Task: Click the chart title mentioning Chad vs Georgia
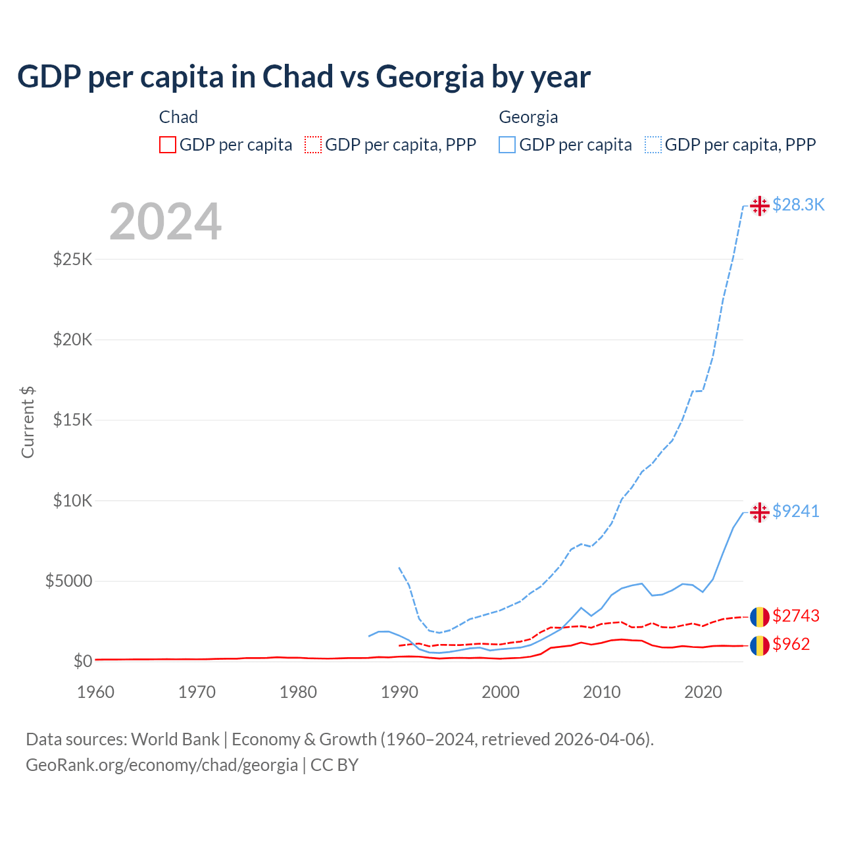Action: [303, 77]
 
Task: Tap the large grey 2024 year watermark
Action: [165, 222]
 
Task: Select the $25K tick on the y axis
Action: [72, 259]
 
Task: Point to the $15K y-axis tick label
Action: [72, 420]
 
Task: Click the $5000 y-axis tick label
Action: [68, 581]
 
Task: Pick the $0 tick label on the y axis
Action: [82, 661]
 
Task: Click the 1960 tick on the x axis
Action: [96, 692]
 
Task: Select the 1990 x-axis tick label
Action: [399, 692]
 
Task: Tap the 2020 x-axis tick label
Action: [703, 692]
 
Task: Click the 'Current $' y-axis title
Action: [28, 422]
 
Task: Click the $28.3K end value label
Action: [798, 205]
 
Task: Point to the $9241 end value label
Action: [796, 511]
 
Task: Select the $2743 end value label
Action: [796, 616]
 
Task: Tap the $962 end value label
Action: [791, 644]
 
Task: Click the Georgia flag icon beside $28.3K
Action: [760, 206]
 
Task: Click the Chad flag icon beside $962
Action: [760, 645]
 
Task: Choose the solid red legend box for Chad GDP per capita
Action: [168, 145]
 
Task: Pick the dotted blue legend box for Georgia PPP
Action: [653, 145]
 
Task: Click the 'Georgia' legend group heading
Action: [528, 117]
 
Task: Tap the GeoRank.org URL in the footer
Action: [162, 765]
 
